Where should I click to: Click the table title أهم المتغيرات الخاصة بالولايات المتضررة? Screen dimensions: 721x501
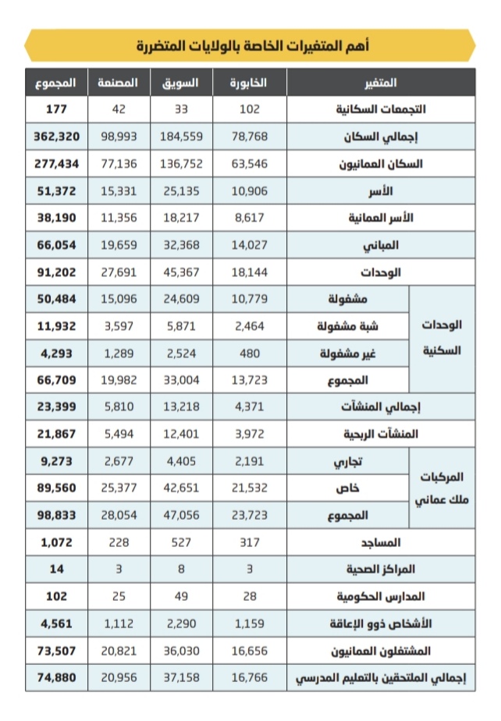point(250,45)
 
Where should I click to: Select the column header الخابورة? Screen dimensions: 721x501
point(250,82)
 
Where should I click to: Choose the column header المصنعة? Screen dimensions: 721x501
point(119,82)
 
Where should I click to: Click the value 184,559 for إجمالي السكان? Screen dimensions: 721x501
point(181,136)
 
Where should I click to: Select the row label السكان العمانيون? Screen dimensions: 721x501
point(380,163)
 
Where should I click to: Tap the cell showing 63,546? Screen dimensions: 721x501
point(250,163)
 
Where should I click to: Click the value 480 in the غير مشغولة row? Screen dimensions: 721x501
point(250,353)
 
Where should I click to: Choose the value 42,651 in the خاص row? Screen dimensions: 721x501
point(181,488)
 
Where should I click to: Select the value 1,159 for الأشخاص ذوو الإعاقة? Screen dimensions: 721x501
point(250,624)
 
